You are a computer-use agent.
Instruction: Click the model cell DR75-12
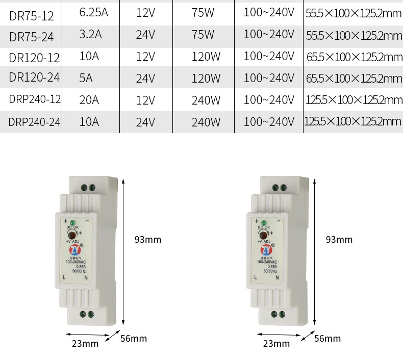(31, 16)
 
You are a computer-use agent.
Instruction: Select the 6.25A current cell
(94, 13)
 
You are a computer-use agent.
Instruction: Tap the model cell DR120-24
(35, 78)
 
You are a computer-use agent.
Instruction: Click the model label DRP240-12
(35, 99)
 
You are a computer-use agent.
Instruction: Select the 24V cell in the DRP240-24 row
(145, 122)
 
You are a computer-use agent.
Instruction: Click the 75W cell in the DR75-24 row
(203, 35)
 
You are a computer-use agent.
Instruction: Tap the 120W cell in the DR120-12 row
(206, 57)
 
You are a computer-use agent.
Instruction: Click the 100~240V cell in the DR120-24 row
(269, 78)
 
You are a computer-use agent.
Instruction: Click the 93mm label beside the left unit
(147, 239)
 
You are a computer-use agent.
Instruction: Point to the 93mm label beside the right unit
(339, 239)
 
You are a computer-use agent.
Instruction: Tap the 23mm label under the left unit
(85, 343)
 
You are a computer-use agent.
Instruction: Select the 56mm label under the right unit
(328, 338)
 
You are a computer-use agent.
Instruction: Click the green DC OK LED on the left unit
(72, 223)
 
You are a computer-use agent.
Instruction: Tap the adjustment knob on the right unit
(264, 234)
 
